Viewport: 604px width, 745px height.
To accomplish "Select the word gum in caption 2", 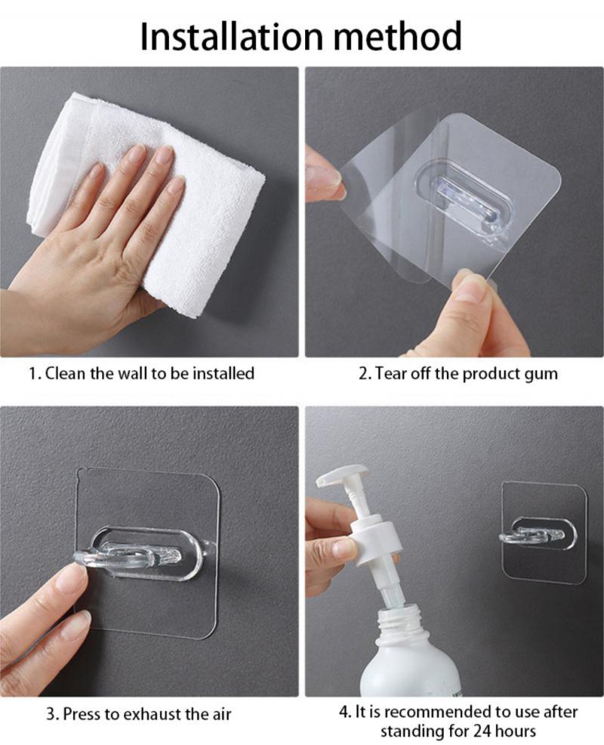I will (x=542, y=373).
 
